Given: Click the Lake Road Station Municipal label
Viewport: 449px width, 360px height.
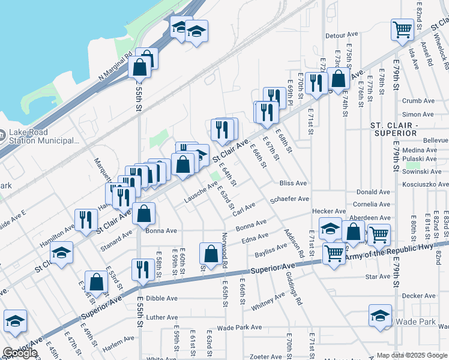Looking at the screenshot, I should [44, 137].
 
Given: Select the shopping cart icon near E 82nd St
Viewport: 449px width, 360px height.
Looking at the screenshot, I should [402, 29].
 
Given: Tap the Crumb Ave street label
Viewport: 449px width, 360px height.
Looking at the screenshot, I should [418, 101].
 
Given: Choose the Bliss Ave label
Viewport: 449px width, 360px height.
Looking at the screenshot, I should [293, 183].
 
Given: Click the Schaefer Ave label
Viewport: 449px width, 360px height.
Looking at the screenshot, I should [290, 199].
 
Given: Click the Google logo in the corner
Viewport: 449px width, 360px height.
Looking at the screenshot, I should [20, 353].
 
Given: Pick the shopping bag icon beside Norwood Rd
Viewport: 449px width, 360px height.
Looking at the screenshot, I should [211, 253].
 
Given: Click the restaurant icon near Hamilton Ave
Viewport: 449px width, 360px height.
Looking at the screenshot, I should [85, 220].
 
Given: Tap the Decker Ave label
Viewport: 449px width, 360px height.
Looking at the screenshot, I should [418, 296].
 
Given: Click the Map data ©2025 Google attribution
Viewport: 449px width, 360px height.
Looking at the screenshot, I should [411, 355].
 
